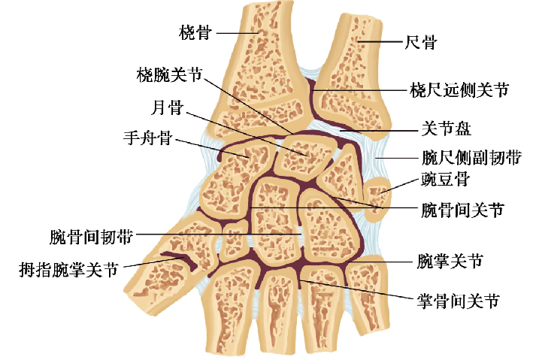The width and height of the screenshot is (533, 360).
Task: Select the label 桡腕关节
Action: point(169,74)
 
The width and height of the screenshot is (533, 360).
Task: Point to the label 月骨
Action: point(167,107)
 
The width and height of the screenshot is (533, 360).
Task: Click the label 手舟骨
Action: point(149,138)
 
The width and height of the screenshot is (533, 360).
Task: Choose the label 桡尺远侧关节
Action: point(459,91)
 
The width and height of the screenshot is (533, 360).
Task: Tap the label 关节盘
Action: point(444,129)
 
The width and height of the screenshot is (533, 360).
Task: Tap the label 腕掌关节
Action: point(449,262)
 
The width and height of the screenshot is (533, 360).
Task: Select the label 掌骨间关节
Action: point(459,302)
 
